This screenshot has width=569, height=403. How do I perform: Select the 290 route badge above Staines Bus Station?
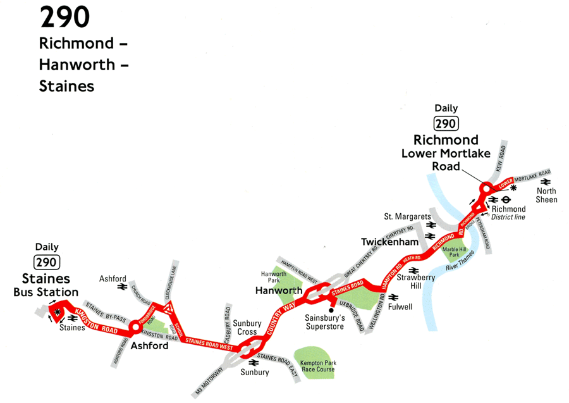pyautogui.click(x=47, y=262)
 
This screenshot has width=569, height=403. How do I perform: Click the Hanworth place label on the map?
pyautogui.click(x=278, y=291)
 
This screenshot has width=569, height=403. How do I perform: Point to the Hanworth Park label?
pyautogui.click(x=274, y=277)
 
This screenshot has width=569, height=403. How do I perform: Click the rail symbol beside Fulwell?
pyautogui.click(x=393, y=297)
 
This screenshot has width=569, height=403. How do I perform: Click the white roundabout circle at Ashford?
pyautogui.click(x=134, y=328)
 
